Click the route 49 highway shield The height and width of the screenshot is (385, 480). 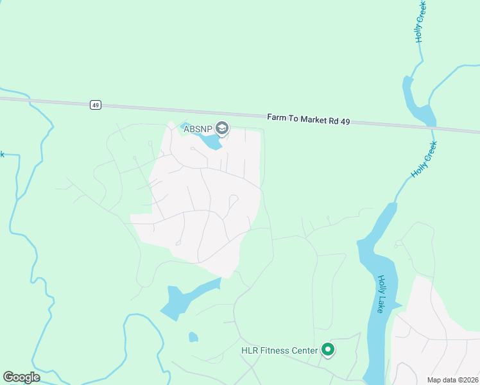(x=96, y=105)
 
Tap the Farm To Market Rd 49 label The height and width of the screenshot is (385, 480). (x=308, y=120)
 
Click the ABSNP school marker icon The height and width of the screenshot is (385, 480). (x=223, y=129)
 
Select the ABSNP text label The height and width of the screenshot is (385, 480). (x=198, y=129)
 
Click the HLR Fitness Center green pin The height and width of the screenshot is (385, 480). (x=328, y=350)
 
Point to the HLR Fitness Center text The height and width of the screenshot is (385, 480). (x=279, y=350)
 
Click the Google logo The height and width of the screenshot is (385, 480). (x=21, y=377)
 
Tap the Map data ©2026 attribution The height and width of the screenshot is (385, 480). (x=452, y=380)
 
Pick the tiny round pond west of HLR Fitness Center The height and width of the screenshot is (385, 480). (x=193, y=337)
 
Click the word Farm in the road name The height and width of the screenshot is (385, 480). (x=275, y=118)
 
